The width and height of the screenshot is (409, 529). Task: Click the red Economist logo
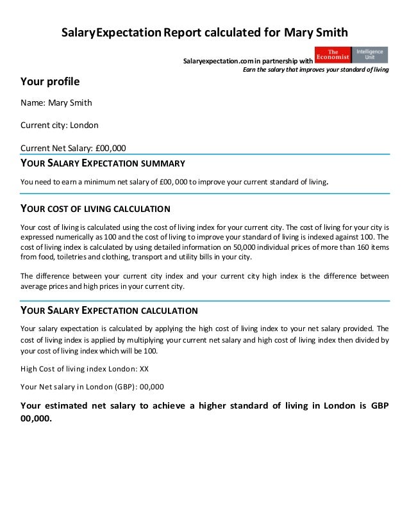coord(333,55)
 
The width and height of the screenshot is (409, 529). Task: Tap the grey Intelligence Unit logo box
coord(371,55)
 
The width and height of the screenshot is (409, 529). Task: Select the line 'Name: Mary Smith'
coord(56,103)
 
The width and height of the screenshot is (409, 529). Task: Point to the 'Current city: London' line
coord(60,125)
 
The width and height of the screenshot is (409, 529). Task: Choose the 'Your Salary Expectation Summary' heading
coord(103,163)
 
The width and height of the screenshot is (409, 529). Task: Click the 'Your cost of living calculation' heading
coord(96,209)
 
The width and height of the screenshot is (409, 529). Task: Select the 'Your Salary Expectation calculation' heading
coord(109,311)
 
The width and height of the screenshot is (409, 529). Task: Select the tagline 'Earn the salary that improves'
coord(314,70)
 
